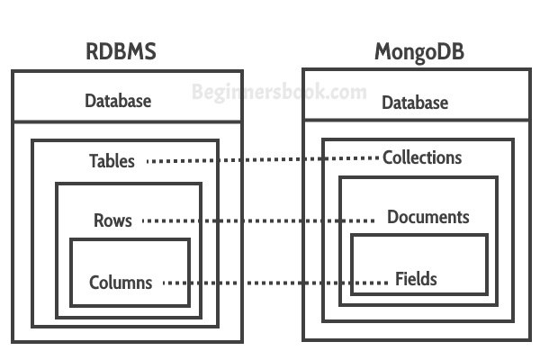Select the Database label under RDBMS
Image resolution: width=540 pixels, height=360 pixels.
(118, 100)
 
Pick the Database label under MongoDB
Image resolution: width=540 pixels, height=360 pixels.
(415, 103)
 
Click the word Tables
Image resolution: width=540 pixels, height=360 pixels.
(112, 161)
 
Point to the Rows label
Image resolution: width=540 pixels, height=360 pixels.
(112, 220)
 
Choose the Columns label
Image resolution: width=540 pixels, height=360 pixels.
(121, 283)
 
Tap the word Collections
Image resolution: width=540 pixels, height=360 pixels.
(422, 157)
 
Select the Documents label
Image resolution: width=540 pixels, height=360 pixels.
(427, 217)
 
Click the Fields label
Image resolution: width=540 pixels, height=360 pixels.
(416, 279)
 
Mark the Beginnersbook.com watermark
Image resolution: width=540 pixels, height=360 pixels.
(280, 91)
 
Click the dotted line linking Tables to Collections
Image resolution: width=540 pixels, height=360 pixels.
(261, 160)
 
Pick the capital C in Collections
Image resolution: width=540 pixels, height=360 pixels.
(388, 157)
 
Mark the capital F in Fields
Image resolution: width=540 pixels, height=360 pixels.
(400, 279)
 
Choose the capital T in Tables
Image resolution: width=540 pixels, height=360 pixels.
(94, 161)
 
